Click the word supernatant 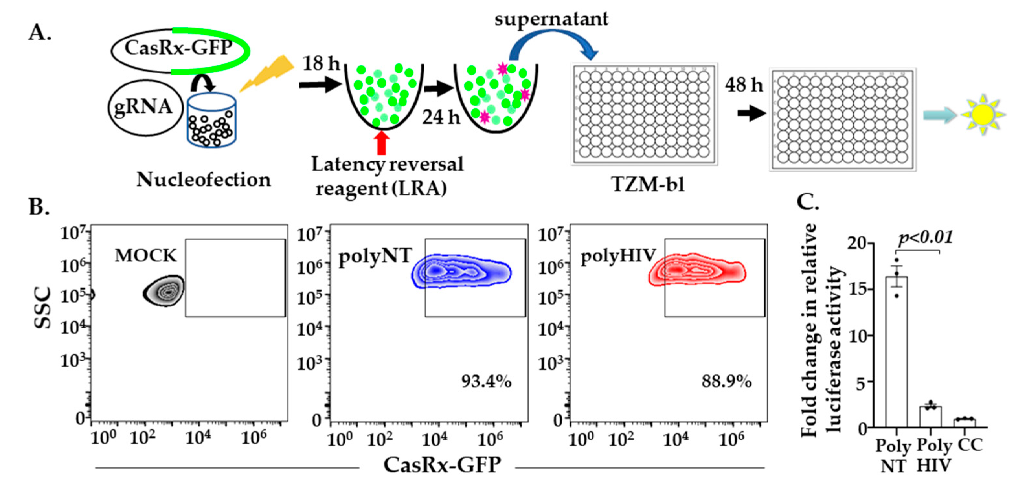point(551,18)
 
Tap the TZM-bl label point(648,184)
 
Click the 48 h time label point(743,85)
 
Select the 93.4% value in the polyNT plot point(486,381)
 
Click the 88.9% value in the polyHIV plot point(726,381)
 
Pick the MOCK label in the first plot point(146,255)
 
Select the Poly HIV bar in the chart point(931,417)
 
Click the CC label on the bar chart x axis point(970,445)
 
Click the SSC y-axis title point(43,307)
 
